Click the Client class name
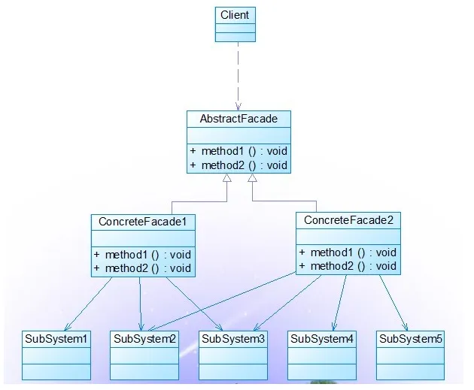point(235,15)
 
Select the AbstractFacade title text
point(238,119)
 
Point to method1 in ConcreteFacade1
point(142,254)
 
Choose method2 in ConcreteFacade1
point(142,268)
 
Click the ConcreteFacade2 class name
point(348,220)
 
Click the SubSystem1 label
point(56,338)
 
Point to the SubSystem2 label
point(144,338)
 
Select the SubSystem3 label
point(232,338)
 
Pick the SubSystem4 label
point(322,338)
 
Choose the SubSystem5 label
point(410,338)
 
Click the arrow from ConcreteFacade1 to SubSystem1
point(89,303)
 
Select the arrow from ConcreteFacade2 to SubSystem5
point(393,302)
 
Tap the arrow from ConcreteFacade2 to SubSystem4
point(339,302)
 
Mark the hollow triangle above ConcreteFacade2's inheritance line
point(252,179)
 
